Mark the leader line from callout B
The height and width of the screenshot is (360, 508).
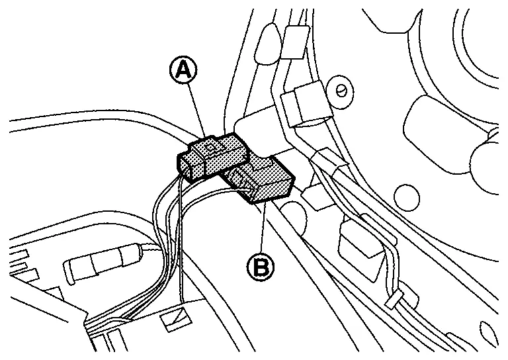point(263,225)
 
